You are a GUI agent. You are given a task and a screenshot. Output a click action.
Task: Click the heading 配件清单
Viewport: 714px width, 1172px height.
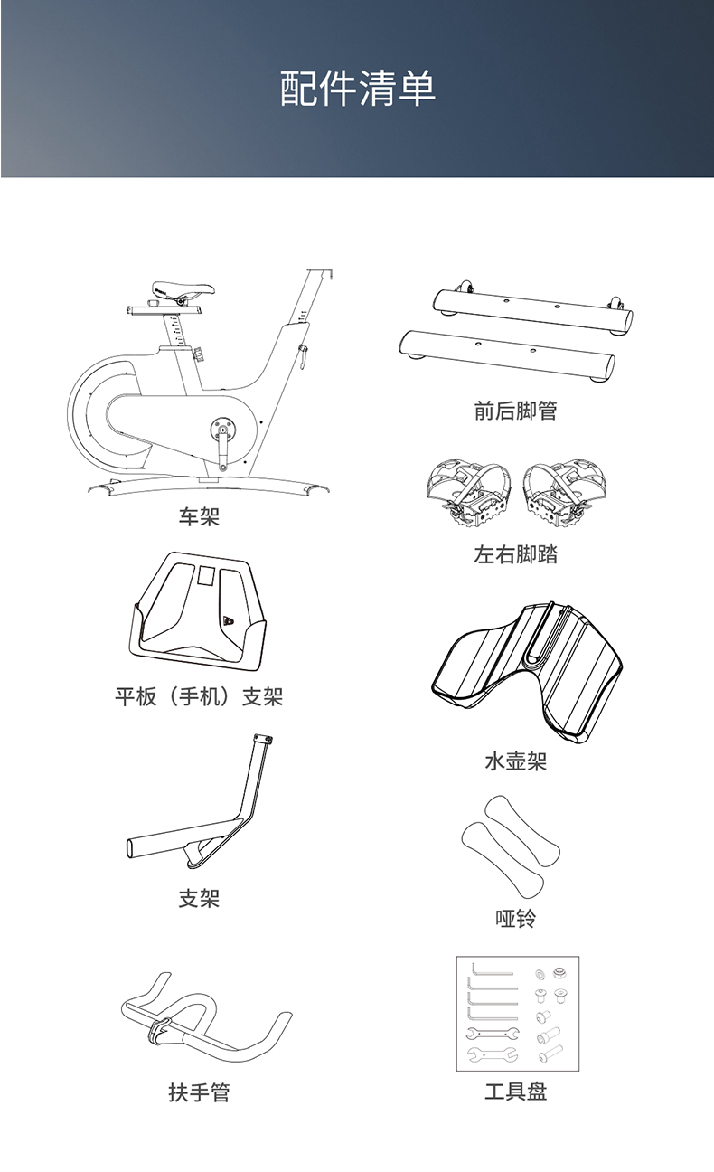[357, 89]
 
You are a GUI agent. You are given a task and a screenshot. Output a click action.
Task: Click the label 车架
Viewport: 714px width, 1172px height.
[199, 516]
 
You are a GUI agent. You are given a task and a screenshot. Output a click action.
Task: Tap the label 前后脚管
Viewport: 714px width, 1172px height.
[515, 411]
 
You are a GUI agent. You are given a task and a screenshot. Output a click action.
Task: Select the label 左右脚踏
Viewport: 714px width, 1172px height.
[515, 554]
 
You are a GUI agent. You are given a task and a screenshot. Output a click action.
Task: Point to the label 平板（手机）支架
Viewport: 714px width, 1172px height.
[199, 696]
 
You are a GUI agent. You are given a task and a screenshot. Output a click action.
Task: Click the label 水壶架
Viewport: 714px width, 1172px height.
[515, 761]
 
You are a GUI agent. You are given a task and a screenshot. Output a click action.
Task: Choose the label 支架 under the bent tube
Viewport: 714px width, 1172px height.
[199, 898]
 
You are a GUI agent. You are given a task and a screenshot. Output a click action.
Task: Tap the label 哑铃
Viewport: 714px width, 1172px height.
[515, 919]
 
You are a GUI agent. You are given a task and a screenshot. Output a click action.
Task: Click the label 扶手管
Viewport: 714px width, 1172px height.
[199, 1092]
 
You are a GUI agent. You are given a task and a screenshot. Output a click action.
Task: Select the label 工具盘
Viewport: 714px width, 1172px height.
[515, 1092]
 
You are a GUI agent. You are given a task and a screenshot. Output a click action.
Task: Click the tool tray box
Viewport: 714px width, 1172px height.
[517, 1013]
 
